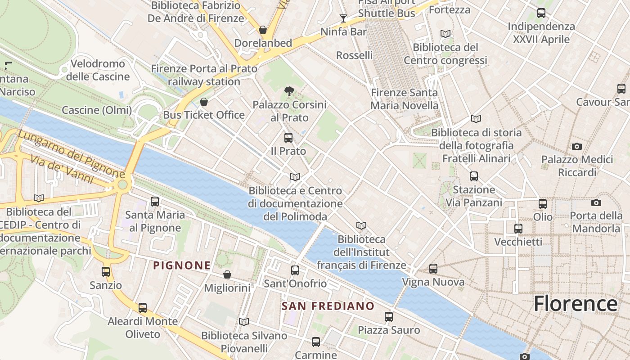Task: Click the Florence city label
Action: [575, 304]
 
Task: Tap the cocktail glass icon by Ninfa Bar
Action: [343, 18]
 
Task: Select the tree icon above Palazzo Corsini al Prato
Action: [289, 91]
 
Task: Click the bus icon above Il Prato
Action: [288, 138]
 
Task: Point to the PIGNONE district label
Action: [182, 265]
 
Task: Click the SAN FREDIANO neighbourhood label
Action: [328, 306]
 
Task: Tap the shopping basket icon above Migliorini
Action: [227, 274]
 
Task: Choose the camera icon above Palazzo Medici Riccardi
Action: [576, 146]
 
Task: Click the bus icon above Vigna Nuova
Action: [433, 269]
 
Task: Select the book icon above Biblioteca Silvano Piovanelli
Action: [243, 322]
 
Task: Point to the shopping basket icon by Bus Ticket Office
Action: [204, 102]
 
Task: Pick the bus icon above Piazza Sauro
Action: [388, 317]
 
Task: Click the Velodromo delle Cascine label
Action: [98, 70]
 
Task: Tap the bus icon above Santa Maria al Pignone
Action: [154, 202]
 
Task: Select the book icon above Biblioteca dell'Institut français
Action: [361, 225]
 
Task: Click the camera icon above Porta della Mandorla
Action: [596, 203]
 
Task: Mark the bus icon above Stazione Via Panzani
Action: [473, 176]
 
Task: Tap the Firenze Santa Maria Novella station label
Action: [404, 99]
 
